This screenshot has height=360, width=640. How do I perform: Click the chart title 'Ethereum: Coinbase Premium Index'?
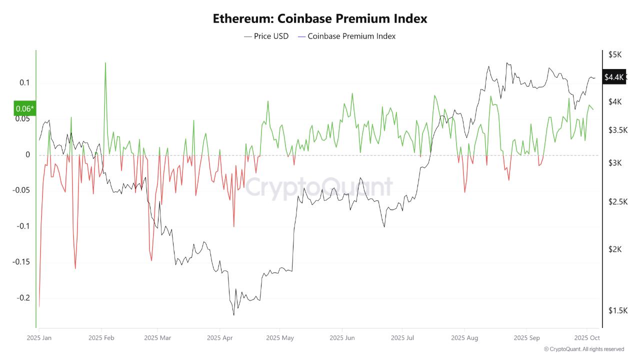point(320,18)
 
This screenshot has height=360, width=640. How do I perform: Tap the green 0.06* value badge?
point(24,108)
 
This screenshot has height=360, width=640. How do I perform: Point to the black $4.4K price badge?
point(613,77)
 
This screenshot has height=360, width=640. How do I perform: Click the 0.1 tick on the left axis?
point(25,82)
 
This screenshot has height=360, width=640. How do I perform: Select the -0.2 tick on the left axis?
point(23,298)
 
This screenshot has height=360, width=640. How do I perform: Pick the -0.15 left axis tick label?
point(21,262)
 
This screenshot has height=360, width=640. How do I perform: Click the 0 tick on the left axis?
point(28,154)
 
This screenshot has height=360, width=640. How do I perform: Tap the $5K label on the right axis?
point(614,54)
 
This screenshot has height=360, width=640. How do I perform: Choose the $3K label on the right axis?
point(614,163)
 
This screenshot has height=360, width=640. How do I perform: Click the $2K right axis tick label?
point(614,249)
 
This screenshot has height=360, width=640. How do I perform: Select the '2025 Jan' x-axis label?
point(39,338)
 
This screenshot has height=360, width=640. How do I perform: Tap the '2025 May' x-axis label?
point(280,338)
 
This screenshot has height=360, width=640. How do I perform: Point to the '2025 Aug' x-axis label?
point(464,338)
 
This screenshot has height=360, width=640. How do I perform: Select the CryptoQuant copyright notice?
point(583,349)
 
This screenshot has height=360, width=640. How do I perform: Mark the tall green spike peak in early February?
point(105,63)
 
